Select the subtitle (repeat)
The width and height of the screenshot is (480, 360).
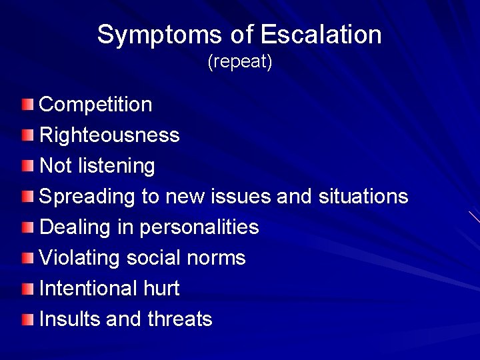240,63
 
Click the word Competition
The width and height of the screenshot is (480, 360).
96,105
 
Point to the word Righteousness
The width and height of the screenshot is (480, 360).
109,135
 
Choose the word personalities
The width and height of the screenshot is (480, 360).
199,227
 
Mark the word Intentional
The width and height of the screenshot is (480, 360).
88,288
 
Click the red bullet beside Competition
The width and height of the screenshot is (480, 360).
25,104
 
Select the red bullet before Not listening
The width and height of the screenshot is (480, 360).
25,165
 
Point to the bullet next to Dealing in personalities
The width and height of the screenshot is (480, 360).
25,227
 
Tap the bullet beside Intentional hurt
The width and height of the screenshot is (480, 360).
25,288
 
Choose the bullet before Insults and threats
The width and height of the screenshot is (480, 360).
25,319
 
